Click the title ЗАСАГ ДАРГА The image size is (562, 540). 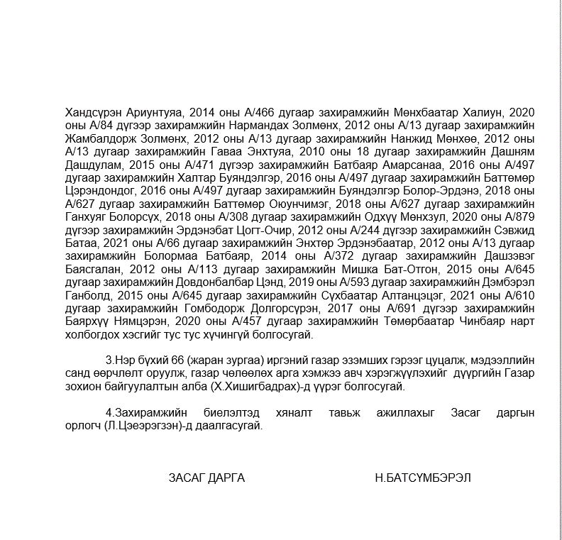click(206, 478)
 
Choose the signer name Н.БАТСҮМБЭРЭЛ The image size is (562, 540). click(422, 478)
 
